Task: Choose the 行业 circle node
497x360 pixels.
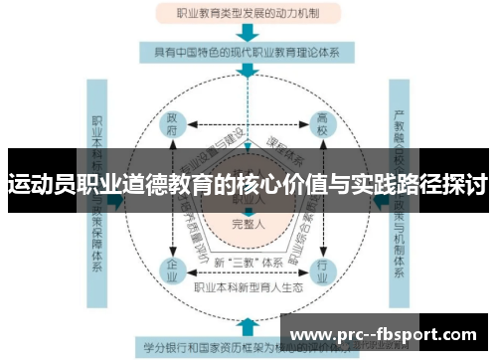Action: tap(321, 270)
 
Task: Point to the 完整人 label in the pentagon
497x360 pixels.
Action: tap(248, 225)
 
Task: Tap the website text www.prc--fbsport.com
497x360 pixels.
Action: tap(389, 335)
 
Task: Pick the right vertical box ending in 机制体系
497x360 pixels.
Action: tap(401, 199)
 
